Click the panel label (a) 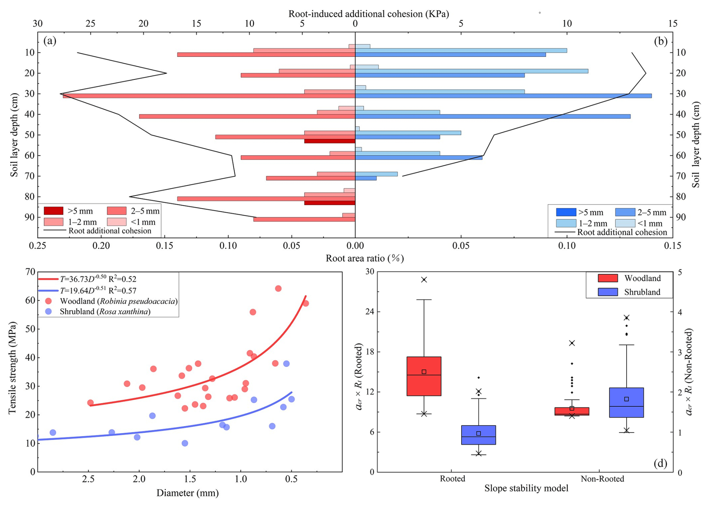[x=50, y=41]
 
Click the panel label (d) [x=660, y=463]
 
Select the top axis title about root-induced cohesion [x=368, y=14]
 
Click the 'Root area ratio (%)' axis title [x=365, y=258]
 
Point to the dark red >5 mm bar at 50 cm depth [x=329, y=141]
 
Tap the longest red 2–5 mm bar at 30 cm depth [x=209, y=96]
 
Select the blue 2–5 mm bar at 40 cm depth [x=492, y=116]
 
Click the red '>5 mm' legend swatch [x=54, y=211]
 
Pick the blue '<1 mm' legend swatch [x=625, y=224]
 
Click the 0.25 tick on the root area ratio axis [x=37, y=245]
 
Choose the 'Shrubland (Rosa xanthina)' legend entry [x=105, y=312]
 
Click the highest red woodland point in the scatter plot [x=278, y=288]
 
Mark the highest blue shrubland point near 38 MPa [x=286, y=364]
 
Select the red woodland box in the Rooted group [x=424, y=376]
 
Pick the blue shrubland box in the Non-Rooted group [x=626, y=402]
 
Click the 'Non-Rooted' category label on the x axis [x=602, y=479]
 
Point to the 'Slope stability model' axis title [x=526, y=488]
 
